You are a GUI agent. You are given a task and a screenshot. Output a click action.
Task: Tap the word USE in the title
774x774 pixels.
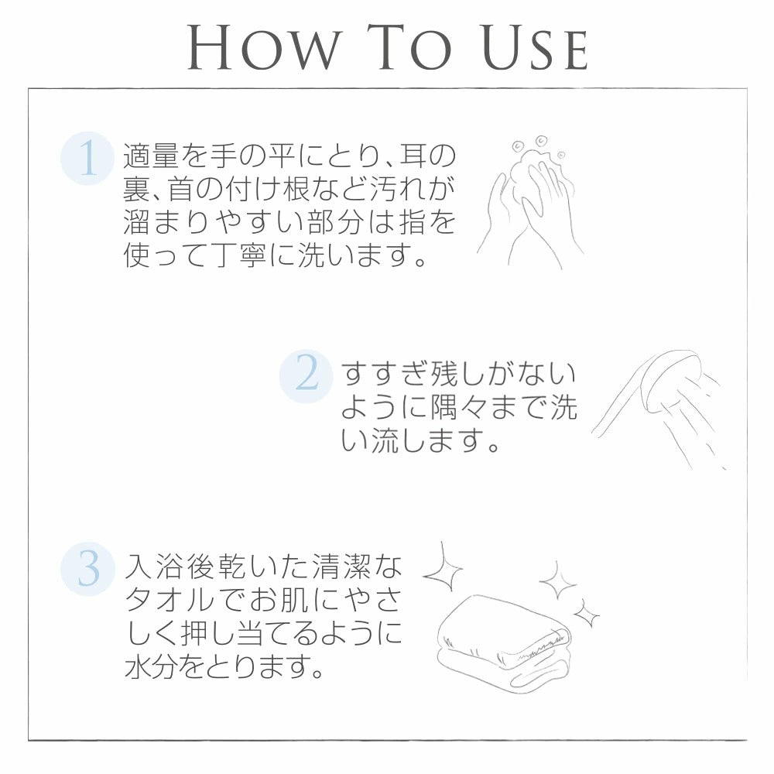click(x=534, y=47)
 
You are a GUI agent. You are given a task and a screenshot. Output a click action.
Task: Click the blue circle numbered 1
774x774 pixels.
click(x=88, y=159)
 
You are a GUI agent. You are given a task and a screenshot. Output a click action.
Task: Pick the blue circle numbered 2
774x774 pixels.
click(x=306, y=376)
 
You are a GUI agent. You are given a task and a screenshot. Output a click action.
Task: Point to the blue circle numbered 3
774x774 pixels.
click(x=88, y=569)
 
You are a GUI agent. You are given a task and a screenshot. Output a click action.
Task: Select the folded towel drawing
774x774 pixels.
click(x=504, y=642)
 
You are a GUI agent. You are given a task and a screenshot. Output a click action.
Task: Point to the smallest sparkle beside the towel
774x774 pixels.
click(x=587, y=615)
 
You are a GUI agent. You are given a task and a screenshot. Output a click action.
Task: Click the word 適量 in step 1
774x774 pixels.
click(x=150, y=156)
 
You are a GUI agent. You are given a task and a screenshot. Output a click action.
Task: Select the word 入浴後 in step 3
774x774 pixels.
click(x=170, y=567)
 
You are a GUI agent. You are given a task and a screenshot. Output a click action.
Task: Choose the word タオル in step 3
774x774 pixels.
click(x=170, y=600)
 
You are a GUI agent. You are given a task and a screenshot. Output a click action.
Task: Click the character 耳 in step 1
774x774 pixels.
click(x=413, y=156)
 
